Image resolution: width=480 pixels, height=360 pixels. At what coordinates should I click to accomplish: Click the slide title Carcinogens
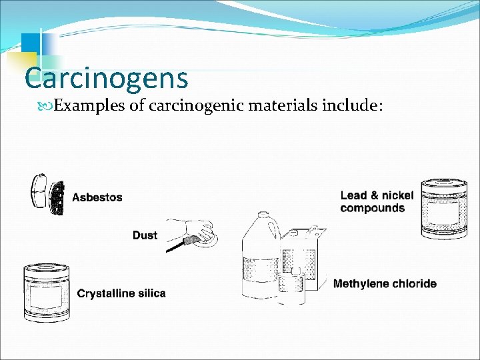[x=106, y=78]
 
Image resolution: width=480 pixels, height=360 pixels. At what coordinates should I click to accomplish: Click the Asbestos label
[x=97, y=197]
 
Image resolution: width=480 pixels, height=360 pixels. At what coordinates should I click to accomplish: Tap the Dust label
[x=145, y=235]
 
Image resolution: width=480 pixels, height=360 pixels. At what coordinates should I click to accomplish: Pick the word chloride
[x=415, y=284]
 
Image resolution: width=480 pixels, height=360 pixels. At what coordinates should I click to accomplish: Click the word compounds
[x=372, y=208]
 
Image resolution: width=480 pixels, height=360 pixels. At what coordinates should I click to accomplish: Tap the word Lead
[x=354, y=195]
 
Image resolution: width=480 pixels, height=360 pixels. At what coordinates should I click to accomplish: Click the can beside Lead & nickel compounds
[x=444, y=208]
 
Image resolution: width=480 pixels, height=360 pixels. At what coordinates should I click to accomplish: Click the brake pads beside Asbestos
[x=47, y=195]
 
